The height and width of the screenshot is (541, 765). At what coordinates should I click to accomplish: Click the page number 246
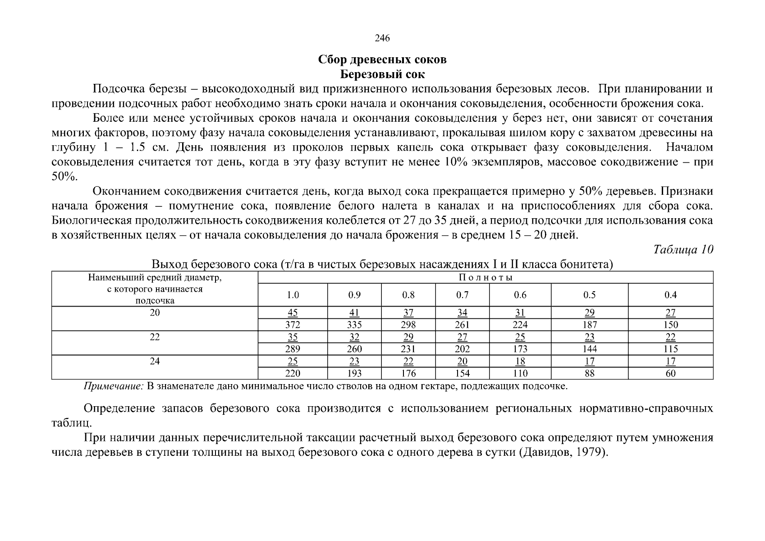(x=382, y=38)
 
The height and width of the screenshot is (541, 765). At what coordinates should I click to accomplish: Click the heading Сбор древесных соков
(x=382, y=60)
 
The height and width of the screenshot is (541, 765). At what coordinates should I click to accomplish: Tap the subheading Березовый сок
(x=382, y=74)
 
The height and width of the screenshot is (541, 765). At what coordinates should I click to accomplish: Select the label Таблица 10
(x=683, y=250)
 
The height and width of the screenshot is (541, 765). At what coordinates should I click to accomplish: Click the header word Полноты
(x=486, y=278)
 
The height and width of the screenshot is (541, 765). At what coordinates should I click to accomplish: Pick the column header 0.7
(x=462, y=295)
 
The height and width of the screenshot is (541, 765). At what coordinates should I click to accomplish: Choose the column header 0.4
(x=670, y=295)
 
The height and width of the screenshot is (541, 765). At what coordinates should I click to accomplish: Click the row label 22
(x=155, y=337)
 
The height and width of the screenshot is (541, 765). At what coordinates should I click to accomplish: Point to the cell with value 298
(x=408, y=325)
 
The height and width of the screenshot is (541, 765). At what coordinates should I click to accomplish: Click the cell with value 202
(x=462, y=349)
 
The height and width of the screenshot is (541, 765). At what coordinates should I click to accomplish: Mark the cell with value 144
(x=589, y=349)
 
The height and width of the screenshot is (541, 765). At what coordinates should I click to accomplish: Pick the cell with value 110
(x=520, y=373)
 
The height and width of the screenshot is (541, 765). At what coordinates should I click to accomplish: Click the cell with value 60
(x=670, y=373)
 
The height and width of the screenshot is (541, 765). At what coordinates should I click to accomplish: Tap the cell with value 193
(x=354, y=373)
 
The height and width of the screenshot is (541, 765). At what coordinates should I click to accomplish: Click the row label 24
(x=155, y=362)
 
